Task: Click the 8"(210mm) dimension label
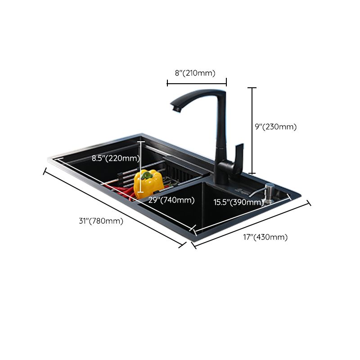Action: [195, 73]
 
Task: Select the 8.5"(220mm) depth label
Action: [116, 158]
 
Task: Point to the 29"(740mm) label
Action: [171, 200]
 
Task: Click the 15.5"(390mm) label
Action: [238, 202]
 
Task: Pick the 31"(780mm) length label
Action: [101, 221]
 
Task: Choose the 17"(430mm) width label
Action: [265, 237]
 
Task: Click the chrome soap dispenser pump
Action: [269, 192]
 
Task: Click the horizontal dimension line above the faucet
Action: [197, 82]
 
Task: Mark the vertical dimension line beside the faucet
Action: [252, 130]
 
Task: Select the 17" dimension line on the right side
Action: [252, 223]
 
